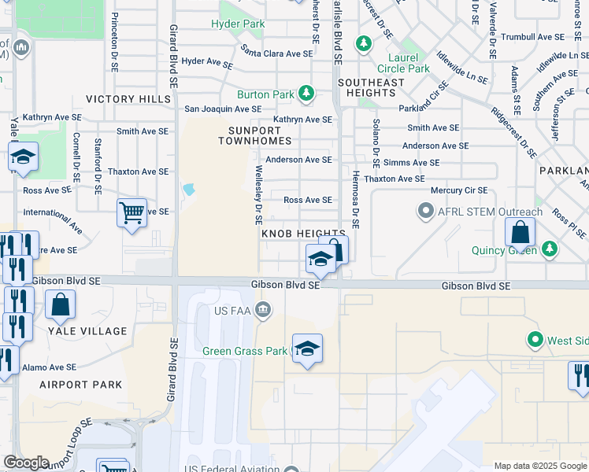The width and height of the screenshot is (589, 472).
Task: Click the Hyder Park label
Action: [x=238, y=24]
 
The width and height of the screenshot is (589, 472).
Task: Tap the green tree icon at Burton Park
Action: [x=306, y=94]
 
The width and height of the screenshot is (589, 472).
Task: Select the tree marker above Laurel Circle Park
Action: [x=363, y=42]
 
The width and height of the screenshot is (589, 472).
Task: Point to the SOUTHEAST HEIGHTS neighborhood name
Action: [x=366, y=87]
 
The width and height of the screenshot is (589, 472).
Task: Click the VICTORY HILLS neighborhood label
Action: [x=128, y=99]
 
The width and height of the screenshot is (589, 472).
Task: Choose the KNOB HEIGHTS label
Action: [x=302, y=234]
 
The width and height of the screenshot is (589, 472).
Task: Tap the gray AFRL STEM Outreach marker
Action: [x=426, y=212]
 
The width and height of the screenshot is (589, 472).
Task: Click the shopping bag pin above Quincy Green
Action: [x=520, y=231]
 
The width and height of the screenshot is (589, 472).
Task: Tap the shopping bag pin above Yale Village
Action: [x=60, y=304]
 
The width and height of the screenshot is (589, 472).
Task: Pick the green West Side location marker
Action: [x=535, y=340]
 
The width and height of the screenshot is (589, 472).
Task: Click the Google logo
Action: [x=26, y=463]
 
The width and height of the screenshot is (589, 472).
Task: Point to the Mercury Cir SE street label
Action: [x=459, y=190]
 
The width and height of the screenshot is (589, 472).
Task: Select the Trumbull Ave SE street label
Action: [x=533, y=37]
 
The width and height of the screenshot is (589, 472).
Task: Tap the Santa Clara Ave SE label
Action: [x=277, y=53]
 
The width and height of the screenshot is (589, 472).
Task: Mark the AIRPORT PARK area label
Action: [x=81, y=385]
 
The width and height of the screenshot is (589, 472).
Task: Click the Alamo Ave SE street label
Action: [x=49, y=367]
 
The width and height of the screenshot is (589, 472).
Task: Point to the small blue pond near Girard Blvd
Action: [x=188, y=190]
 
